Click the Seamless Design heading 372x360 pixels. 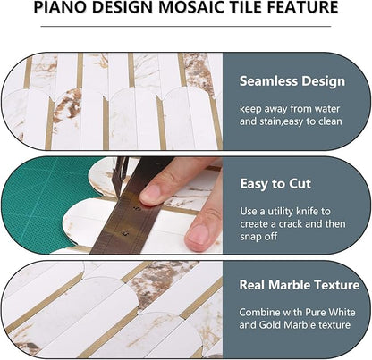292,81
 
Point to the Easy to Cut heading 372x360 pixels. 275,183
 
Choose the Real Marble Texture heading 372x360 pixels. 298,286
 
